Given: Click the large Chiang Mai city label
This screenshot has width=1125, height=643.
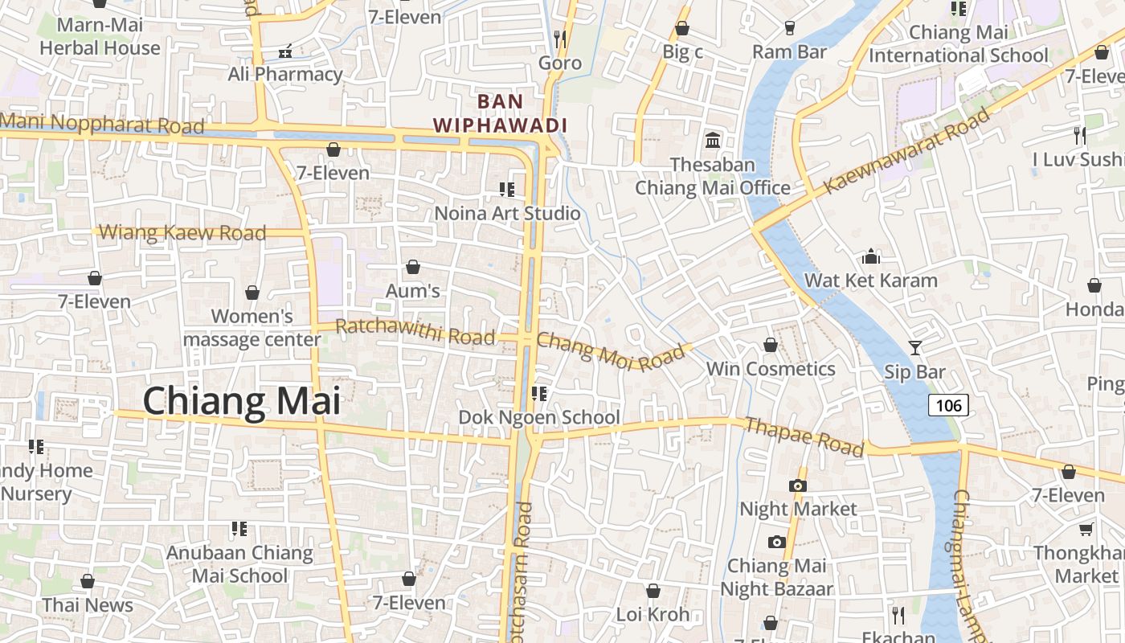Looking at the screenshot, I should [241, 401].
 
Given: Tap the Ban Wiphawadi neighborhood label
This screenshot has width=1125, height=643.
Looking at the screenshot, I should [500, 113].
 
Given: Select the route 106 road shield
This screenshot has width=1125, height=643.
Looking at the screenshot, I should [948, 405].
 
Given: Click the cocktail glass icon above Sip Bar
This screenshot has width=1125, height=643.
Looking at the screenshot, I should [914, 348].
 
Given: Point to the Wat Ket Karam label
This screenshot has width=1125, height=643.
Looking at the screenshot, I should [871, 281].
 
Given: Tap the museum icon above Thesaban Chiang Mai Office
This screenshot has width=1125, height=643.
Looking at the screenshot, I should [712, 141].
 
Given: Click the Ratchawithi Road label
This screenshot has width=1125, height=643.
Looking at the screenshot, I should [415, 331].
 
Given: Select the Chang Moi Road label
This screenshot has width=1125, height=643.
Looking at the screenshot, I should [611, 351].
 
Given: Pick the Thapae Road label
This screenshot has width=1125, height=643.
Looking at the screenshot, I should [804, 436].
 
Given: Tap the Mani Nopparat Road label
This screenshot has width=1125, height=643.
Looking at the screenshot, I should [103, 125].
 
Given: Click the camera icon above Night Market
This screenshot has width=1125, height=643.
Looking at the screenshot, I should [798, 485].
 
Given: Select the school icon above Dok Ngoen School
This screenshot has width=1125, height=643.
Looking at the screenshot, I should [538, 394].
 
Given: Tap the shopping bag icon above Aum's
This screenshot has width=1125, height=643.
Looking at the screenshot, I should [413, 267].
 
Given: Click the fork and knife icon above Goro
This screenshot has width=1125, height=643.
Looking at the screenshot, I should [560, 39].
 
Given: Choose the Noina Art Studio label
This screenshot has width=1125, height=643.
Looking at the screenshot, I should [507, 213].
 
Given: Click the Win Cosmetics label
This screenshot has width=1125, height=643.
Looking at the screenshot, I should [771, 369].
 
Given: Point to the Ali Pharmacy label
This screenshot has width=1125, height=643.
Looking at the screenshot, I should [285, 74].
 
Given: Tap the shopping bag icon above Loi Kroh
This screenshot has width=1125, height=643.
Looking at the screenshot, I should [652, 592].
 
